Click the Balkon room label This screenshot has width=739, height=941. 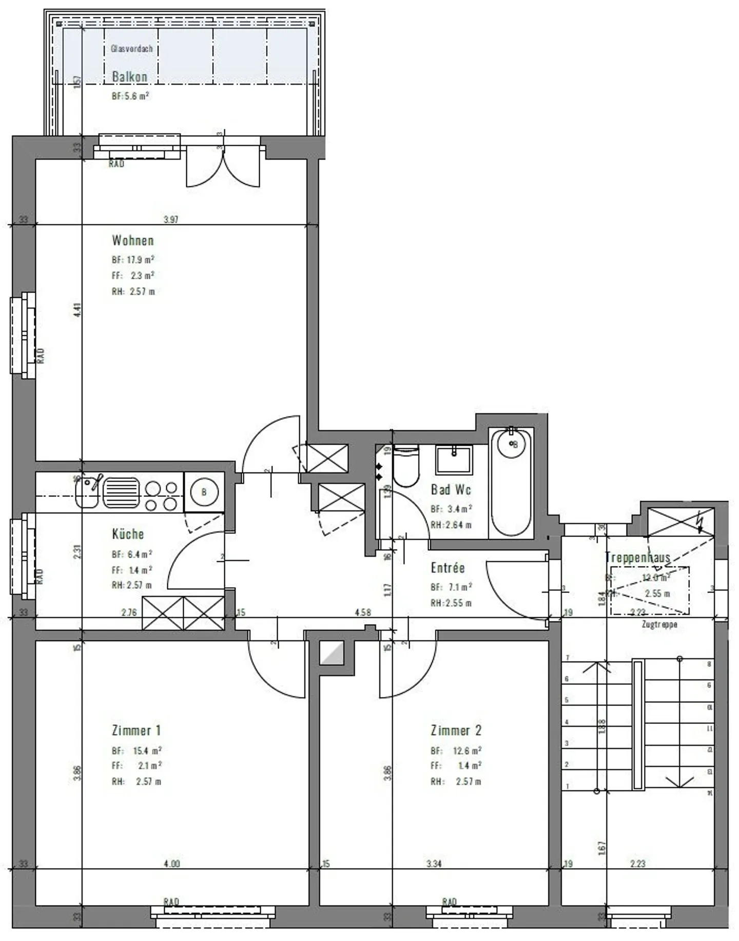[129, 77]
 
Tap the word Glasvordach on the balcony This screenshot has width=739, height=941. [132, 49]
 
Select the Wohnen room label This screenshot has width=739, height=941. [133, 240]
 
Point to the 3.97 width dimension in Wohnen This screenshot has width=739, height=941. [171, 220]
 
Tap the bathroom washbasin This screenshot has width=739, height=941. [454, 459]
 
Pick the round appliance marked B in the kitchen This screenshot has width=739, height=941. [204, 492]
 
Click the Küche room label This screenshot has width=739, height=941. [128, 534]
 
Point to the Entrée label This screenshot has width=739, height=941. [448, 568]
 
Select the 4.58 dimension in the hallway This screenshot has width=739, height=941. [363, 612]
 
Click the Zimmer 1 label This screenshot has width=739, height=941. [137, 730]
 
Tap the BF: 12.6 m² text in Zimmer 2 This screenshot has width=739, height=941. [456, 751]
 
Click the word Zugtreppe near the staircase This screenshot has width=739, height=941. [659, 625]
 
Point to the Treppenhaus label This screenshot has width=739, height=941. [637, 557]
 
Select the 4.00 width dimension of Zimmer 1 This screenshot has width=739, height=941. [171, 864]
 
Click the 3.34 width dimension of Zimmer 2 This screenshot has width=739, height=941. [434, 864]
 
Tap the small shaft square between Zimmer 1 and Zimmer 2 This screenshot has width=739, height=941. [332, 653]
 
